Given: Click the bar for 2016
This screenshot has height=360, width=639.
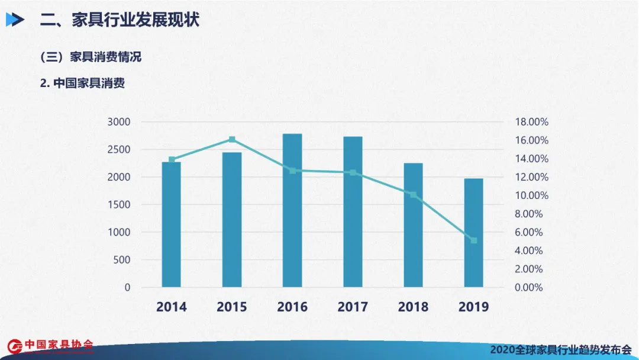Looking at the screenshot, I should [x=292, y=210].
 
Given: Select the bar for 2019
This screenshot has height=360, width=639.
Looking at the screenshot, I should [x=473, y=233].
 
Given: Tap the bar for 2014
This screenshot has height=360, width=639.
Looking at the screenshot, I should [x=172, y=224].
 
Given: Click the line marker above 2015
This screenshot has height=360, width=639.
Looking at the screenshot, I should [x=232, y=140].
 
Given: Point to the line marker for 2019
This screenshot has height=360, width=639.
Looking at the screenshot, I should [x=473, y=240].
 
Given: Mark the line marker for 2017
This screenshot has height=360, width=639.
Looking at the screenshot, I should [x=353, y=173].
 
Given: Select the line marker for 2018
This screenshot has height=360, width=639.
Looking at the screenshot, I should [x=413, y=195].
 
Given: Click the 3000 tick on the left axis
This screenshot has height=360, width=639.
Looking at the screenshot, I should [x=119, y=122].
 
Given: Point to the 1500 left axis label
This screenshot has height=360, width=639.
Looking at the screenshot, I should [x=119, y=205].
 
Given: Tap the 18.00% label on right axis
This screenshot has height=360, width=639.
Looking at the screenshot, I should [x=531, y=122].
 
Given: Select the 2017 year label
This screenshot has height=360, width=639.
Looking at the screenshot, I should [x=353, y=307].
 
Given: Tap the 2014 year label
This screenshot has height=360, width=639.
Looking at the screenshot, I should [x=172, y=307].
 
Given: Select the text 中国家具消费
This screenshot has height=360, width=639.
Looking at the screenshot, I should [x=89, y=83].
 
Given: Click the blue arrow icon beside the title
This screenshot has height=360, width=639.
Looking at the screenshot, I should [x=15, y=20].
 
